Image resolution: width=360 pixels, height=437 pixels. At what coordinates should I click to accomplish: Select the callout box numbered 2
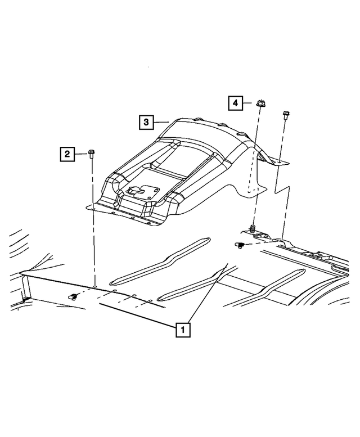(67, 154)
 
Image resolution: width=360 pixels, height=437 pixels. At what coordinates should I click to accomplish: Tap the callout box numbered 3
(146, 122)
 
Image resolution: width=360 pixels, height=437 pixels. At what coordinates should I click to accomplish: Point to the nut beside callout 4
(260, 103)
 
